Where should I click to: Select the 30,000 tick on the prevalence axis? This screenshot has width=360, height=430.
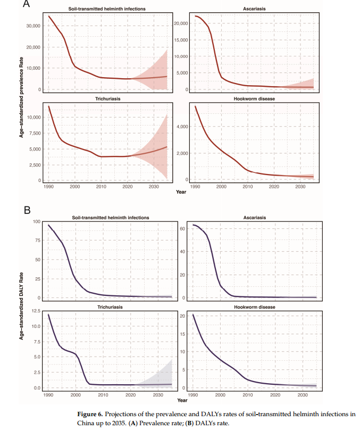click(x=34, y=26)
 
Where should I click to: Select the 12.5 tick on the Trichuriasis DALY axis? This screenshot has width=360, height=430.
click(x=37, y=311)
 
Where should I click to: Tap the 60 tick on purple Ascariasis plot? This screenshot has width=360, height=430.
click(x=181, y=228)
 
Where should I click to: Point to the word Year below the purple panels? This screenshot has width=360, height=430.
click(x=182, y=400)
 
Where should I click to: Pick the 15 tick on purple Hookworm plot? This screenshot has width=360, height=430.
click(x=182, y=334)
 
